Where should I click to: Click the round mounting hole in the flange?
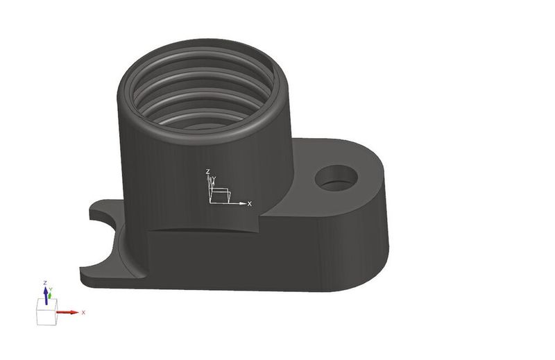coord(336,178)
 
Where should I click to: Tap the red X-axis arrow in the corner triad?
coord(68,312)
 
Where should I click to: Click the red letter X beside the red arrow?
coord(83,312)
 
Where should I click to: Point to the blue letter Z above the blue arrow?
coord(45,283)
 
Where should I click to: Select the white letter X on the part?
coord(250,203)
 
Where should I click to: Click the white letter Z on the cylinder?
coord(207,171)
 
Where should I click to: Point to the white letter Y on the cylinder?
coord(214,179)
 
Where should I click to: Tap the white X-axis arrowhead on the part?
coord(241,203)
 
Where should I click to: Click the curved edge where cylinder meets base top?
coord(201,228)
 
